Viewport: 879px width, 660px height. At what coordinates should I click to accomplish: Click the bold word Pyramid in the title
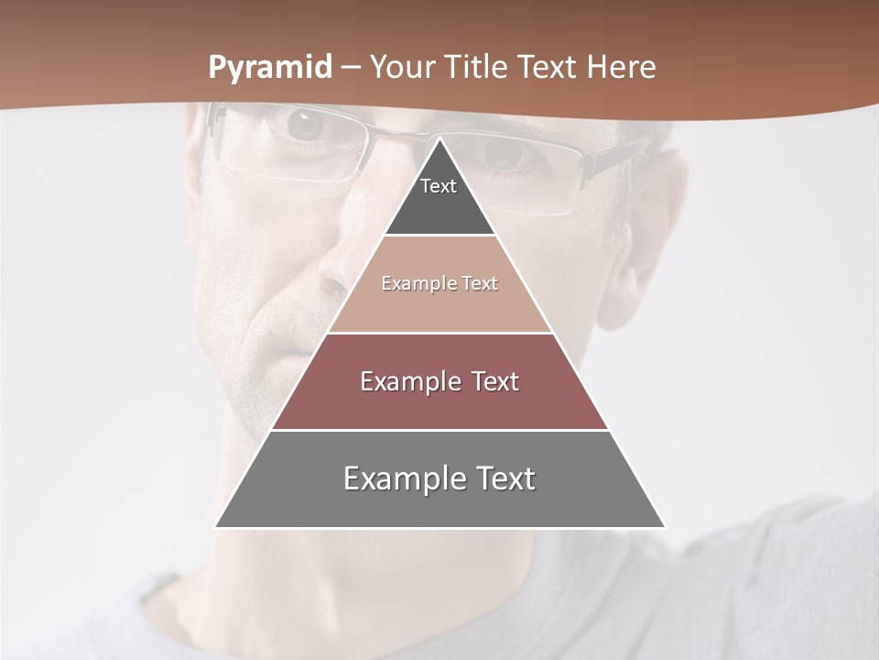point(270,68)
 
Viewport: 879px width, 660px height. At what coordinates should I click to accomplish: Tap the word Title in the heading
point(481,68)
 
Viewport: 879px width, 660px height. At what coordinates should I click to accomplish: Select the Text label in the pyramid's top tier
point(439,186)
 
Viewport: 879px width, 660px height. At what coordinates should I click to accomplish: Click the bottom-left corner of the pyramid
point(215,527)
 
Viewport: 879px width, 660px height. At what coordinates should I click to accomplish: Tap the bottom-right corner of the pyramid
point(666,527)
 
